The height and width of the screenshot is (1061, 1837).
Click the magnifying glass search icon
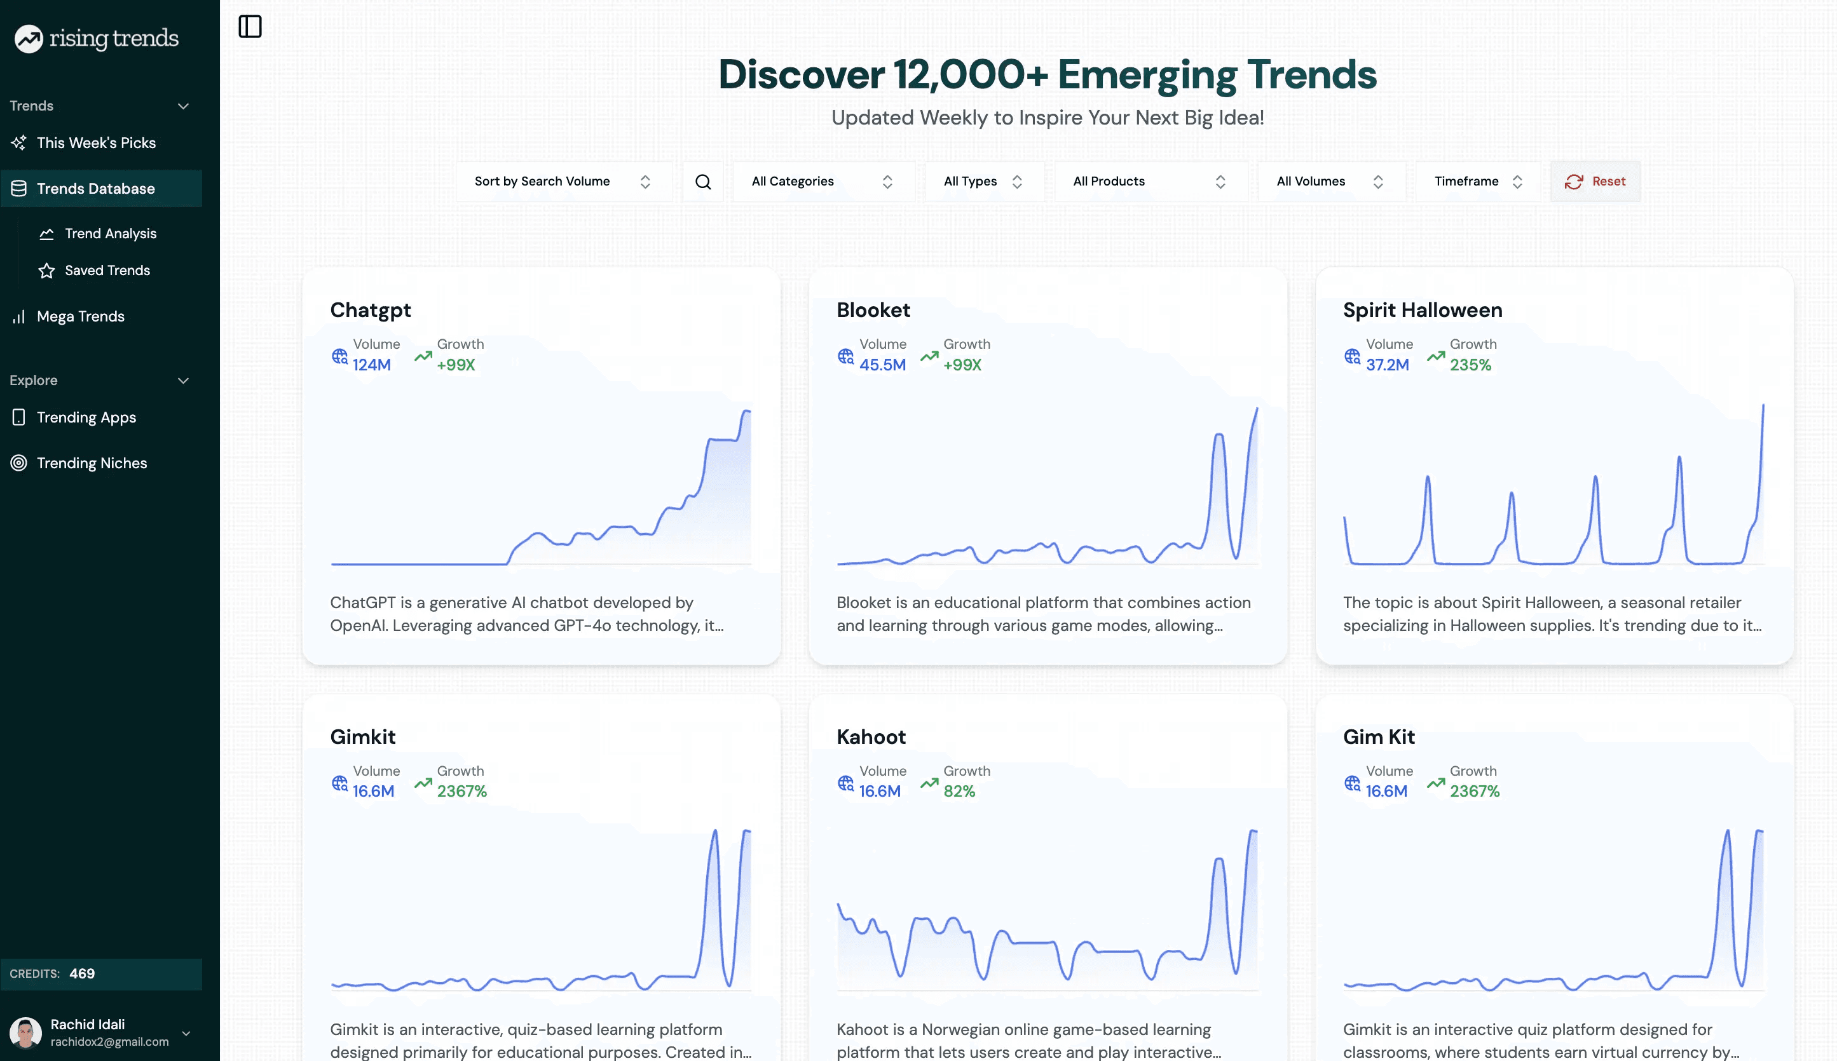[x=703, y=182]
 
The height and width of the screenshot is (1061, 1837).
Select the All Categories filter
[x=823, y=182]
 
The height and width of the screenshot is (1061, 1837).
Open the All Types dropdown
[x=983, y=182]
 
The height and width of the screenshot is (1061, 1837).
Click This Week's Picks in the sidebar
[x=96, y=143]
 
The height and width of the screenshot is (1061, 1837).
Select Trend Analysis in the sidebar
[x=111, y=234]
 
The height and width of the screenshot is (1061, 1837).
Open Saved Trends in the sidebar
[x=107, y=271]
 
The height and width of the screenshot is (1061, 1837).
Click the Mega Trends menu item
[x=80, y=316]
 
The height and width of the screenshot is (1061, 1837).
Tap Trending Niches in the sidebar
[x=92, y=463]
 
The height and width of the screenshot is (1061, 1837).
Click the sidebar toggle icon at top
[x=250, y=27]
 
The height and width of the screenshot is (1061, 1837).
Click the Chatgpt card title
[x=371, y=311]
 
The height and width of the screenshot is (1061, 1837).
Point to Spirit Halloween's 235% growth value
[x=1470, y=365]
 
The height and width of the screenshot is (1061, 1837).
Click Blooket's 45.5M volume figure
[x=882, y=365]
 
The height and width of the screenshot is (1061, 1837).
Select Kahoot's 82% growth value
[x=959, y=792]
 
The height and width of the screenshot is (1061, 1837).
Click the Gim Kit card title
[x=1379, y=737]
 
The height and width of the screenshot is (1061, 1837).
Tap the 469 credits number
[x=81, y=973]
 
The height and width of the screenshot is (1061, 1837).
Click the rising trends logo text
[x=114, y=38]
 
